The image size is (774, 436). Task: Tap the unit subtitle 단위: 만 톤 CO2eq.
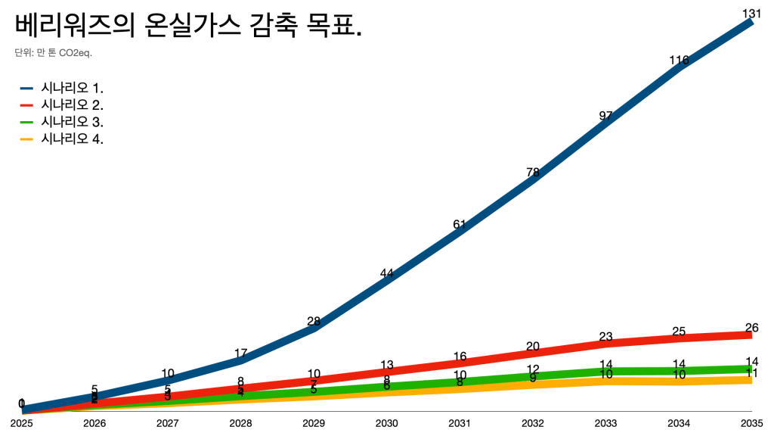click(53, 53)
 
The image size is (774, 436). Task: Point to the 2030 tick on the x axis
click(386, 422)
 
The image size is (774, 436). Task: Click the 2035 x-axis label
click(751, 422)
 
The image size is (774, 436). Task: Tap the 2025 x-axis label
click(22, 422)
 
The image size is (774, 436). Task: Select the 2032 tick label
click(532, 422)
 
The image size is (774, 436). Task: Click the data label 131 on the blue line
click(751, 13)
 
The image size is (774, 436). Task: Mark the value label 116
click(679, 61)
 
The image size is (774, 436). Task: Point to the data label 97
click(605, 116)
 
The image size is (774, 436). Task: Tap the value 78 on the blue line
click(532, 172)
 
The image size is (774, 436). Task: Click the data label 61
click(460, 224)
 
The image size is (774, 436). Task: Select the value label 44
click(386, 274)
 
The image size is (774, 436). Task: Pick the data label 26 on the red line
click(751, 328)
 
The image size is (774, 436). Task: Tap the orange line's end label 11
click(751, 373)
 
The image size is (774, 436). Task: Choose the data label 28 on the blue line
click(314, 321)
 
